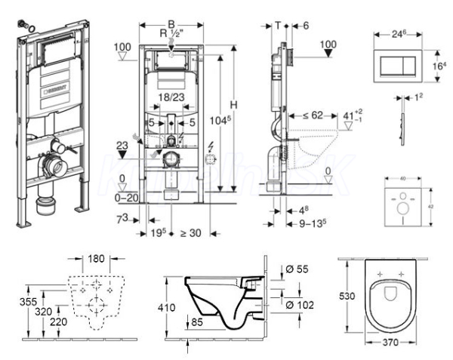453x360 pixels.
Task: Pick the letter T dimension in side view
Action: [x=279, y=25]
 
